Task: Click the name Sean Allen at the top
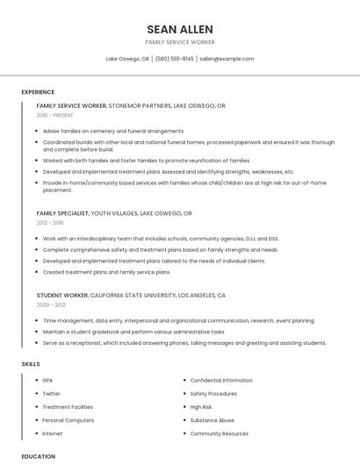180,28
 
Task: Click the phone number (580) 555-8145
175,59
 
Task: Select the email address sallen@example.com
227,59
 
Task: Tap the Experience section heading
38,92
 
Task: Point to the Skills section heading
31,363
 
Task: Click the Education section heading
39,456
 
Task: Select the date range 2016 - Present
56,115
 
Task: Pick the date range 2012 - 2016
50,223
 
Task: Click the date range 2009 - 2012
50,305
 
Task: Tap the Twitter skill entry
53,394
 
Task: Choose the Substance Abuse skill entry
212,420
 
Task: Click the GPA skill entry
47,380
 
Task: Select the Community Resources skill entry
219,433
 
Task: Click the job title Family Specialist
62,213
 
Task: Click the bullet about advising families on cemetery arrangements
113,131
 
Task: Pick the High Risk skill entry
201,407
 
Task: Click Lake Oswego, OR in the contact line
127,59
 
